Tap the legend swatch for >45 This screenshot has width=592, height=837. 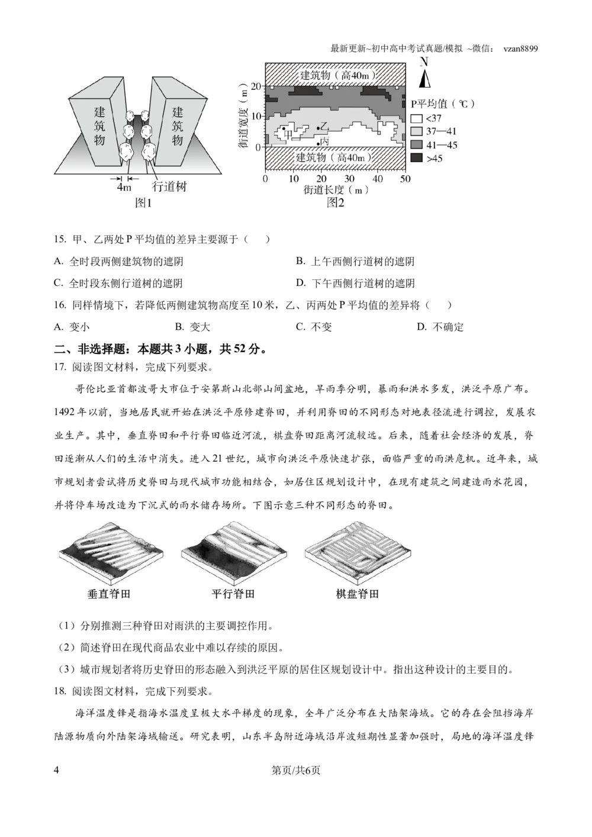click(x=416, y=158)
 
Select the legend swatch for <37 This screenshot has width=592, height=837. click(x=416, y=118)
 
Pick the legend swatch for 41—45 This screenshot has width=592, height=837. click(x=416, y=145)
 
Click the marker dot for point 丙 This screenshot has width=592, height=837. click(x=318, y=143)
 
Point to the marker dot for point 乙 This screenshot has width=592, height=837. click(x=318, y=128)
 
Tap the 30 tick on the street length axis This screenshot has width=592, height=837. click(x=349, y=179)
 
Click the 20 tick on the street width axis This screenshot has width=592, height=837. click(x=256, y=86)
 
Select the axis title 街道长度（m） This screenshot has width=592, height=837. click(x=335, y=190)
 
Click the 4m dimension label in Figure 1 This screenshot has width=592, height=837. click(x=124, y=187)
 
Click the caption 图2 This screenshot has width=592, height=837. click(x=335, y=203)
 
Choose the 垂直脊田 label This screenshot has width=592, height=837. click(x=109, y=594)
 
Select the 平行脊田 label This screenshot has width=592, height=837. click(x=233, y=594)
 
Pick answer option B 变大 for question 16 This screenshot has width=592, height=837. click(x=192, y=327)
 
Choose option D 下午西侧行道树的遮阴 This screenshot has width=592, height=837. click(x=355, y=283)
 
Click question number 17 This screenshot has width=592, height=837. click(x=60, y=368)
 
